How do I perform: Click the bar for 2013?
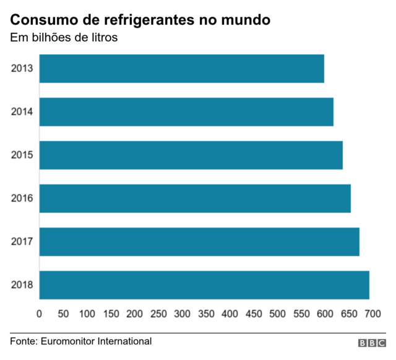[182, 69]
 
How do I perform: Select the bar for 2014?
[187, 112]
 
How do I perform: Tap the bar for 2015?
[191, 155]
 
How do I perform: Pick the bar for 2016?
[196, 199]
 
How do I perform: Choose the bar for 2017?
[200, 242]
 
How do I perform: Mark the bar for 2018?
[205, 285]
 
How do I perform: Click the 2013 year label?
[22, 69]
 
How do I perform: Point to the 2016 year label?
[22, 199]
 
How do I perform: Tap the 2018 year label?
[22, 285]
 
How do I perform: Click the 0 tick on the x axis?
[40, 314]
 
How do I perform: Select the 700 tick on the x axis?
[372, 314]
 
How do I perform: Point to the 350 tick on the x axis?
[206, 314]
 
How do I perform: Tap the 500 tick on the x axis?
[277, 314]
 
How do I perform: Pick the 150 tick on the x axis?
[111, 314]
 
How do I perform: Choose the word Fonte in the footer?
[24, 341]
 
